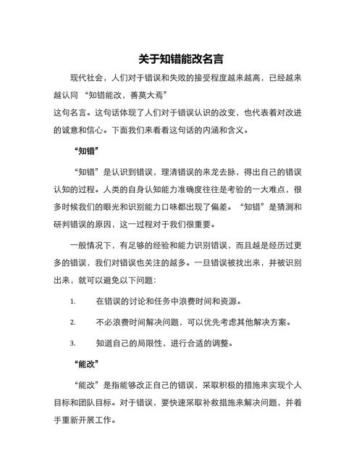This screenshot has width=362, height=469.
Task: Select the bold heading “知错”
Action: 86,152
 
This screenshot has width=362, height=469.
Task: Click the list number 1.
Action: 72,301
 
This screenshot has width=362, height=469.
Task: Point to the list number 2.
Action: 72,322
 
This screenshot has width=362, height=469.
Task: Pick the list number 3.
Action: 72,343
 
